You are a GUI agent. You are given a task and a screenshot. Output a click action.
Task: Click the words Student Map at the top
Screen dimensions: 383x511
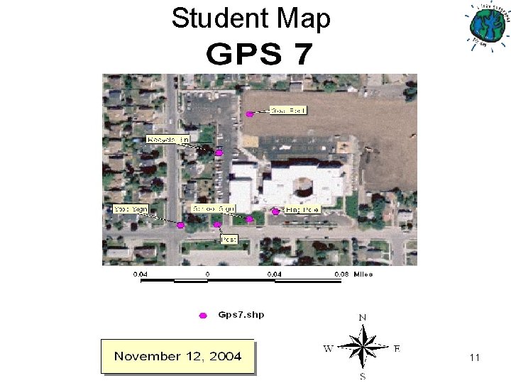[251, 18]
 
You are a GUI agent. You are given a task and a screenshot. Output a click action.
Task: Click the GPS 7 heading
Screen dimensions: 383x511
[259, 54]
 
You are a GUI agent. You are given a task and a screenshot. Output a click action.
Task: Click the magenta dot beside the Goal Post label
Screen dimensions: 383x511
[249, 113]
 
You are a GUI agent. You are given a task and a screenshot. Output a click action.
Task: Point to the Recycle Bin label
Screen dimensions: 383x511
[168, 140]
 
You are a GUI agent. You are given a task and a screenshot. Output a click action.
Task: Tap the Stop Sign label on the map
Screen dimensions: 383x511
[131, 209]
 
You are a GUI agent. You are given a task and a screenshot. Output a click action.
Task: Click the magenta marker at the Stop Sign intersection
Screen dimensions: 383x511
[181, 226]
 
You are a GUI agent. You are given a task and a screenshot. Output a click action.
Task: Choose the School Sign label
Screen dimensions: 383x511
[214, 209]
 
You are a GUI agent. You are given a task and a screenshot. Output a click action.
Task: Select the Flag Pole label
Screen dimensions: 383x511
[302, 210]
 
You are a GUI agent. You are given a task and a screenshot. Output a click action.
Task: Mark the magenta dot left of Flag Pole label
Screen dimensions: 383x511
[276, 211]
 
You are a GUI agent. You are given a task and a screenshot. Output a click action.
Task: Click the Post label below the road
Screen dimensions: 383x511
[229, 240]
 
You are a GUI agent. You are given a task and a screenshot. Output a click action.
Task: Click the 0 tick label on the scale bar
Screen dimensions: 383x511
[207, 274]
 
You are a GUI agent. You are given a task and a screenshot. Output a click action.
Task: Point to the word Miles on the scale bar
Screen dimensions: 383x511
[363, 274]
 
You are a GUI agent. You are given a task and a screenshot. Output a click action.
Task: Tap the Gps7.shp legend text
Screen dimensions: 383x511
[241, 314]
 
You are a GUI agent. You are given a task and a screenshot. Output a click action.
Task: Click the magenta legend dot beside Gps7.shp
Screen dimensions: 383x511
[203, 315]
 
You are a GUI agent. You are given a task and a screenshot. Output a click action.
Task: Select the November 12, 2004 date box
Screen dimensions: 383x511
[177, 356]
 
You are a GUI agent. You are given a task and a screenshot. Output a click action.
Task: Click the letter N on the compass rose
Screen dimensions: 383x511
[363, 317]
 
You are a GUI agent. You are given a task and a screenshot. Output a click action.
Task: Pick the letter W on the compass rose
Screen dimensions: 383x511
[329, 348]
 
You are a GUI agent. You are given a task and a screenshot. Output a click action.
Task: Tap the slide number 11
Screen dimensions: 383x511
[475, 358]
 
